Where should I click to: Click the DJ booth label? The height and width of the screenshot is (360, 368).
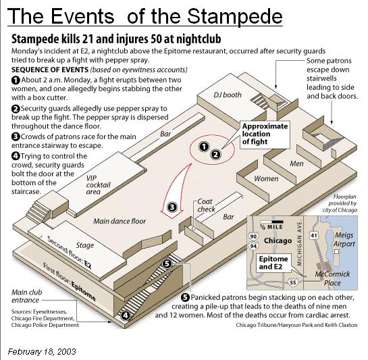227,95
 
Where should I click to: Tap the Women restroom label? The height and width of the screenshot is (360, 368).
266,179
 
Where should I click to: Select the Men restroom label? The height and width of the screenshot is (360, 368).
296,163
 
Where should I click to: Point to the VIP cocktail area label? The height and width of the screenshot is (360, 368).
98,185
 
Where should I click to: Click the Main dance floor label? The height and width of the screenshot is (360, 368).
120,221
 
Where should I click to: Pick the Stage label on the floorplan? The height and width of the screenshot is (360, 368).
84,245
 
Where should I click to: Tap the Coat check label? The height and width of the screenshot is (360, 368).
207,205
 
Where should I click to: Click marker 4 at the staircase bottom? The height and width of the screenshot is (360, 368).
126,315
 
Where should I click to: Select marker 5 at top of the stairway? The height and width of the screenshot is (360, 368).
167,263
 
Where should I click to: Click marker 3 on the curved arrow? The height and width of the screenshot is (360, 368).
172,207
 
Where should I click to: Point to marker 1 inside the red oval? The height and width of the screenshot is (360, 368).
204,147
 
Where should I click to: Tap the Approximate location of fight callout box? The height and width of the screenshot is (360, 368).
265,134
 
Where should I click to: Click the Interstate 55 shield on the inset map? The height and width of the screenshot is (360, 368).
293,282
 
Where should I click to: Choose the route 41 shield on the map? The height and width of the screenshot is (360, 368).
314,235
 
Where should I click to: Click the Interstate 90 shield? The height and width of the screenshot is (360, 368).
253,236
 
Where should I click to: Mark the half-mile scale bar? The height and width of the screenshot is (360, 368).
271,222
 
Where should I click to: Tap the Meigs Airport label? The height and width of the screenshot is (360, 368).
344,239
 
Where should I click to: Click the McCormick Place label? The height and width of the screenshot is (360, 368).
332,278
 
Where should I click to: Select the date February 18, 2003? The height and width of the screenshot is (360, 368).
42,351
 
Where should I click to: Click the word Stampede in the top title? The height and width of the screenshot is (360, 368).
234,16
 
